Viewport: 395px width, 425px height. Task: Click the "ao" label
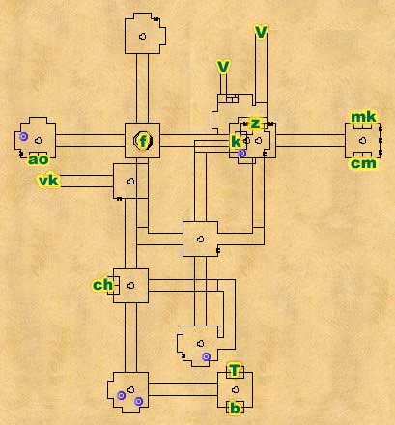coord(39,159)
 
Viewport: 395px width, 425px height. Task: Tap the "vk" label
coord(49,181)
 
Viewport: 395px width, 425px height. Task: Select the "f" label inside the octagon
coord(144,140)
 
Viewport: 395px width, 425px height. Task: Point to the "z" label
coord(255,123)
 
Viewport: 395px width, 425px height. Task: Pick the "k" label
coord(236,141)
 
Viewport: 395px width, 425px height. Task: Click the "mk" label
coord(363,117)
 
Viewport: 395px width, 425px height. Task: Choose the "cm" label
coord(363,163)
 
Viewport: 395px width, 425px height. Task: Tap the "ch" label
coord(103,285)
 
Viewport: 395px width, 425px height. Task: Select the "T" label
coord(235,370)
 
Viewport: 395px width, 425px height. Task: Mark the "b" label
coord(236,409)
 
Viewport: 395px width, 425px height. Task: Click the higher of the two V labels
coord(261,32)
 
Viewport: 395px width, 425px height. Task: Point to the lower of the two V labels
coord(223,68)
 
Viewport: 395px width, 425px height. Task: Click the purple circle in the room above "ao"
coord(23,136)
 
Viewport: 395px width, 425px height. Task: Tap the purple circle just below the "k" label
coord(242,154)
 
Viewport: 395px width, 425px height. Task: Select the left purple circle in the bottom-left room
coord(121,395)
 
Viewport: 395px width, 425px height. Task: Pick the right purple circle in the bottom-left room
coord(138,401)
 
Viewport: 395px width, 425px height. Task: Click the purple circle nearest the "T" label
coord(206,356)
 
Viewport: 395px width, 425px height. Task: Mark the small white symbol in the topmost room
coord(142,36)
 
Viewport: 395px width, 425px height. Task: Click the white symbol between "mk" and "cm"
coord(363,140)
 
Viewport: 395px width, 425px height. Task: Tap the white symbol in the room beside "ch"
coord(130,285)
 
